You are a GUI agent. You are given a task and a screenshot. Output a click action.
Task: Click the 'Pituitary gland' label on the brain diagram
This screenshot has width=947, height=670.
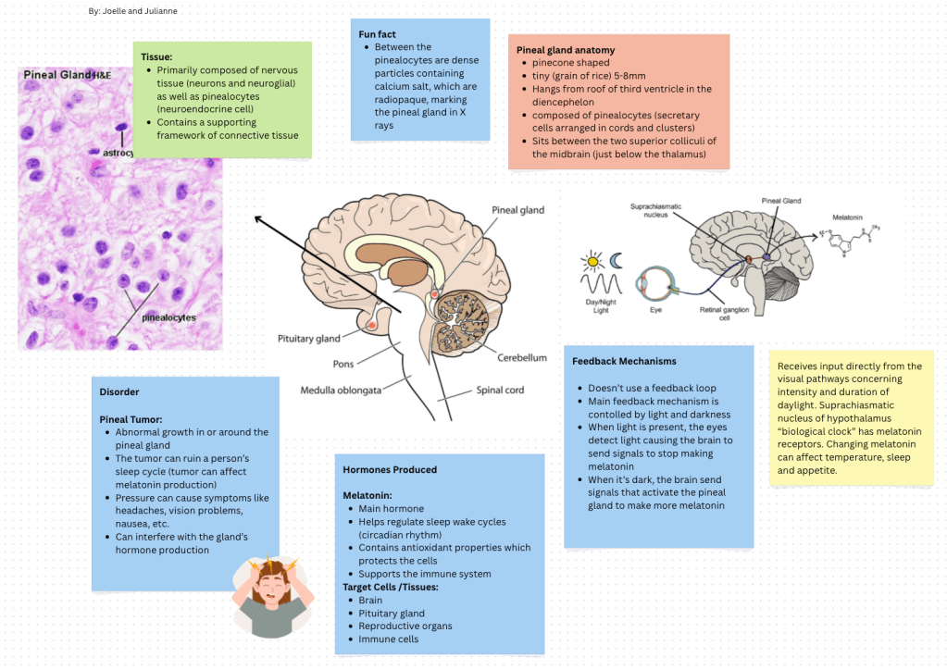(309, 339)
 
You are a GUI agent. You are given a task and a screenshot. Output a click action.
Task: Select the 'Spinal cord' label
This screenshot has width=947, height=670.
(500, 390)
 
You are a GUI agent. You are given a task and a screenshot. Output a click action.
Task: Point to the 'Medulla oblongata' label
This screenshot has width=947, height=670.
(341, 390)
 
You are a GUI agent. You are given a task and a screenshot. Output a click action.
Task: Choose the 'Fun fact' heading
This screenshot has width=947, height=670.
(378, 34)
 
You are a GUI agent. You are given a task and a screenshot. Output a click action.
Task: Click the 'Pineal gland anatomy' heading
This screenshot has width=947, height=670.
(566, 50)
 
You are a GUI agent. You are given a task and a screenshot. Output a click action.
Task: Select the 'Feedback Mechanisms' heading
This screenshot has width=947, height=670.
(624, 361)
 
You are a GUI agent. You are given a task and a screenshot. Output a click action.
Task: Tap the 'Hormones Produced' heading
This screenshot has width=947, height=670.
(390, 469)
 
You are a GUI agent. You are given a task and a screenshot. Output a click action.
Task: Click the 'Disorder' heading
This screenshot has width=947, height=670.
(119, 391)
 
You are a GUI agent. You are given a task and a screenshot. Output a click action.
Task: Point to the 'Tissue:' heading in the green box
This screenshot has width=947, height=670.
(156, 56)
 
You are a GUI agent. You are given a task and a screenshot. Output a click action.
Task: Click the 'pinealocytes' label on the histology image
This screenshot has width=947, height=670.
(168, 317)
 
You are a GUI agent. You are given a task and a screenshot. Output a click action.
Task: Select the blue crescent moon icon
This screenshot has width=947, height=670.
(616, 261)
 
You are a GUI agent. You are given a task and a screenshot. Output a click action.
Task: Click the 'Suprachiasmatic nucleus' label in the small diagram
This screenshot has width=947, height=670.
(654, 209)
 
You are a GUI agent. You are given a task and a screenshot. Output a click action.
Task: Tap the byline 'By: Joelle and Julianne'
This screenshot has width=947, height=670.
(133, 11)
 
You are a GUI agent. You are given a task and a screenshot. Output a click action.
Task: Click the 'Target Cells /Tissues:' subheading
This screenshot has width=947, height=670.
(392, 587)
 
